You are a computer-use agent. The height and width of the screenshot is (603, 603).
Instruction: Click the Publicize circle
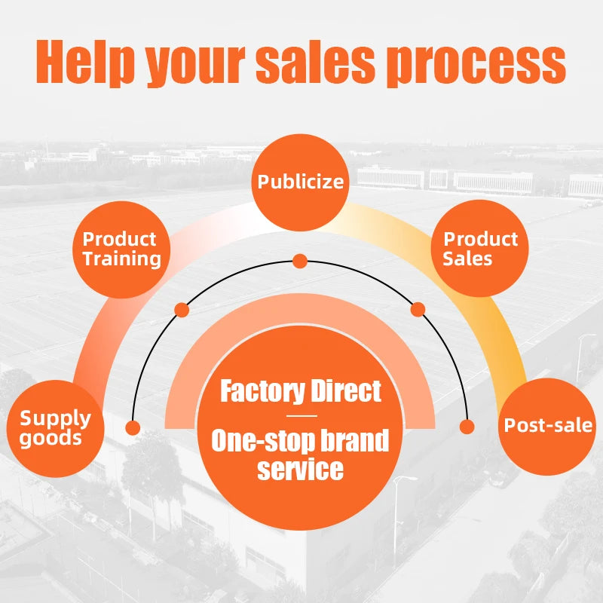[300, 182]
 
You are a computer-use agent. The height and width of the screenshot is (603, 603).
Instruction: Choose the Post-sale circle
[548, 425]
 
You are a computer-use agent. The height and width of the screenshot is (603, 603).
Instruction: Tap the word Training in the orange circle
[121, 259]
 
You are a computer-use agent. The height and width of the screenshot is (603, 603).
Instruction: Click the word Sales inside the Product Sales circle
[467, 259]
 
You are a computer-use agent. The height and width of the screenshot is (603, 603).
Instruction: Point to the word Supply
[55, 418]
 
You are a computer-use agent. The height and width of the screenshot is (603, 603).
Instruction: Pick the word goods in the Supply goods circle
[51, 439]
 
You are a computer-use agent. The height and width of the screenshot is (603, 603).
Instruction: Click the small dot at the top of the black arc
[300, 262]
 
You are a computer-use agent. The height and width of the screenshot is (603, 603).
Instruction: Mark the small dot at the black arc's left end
[133, 428]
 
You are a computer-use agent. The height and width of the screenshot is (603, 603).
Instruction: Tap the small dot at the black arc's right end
[467, 427]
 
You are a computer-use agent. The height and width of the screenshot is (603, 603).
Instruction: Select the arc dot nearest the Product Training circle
[182, 309]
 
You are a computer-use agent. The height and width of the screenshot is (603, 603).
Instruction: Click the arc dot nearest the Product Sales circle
[418, 309]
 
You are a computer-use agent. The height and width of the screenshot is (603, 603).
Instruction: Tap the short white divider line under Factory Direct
[301, 415]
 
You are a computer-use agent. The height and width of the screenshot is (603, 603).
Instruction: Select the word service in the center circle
[300, 470]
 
